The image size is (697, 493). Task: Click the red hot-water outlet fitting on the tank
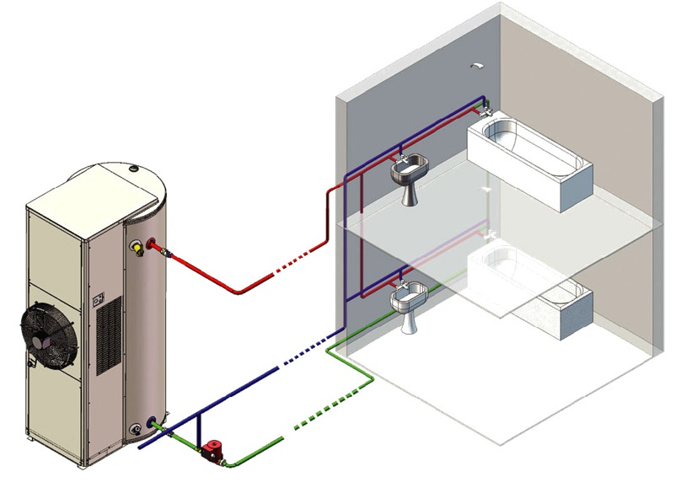click(x=153, y=245)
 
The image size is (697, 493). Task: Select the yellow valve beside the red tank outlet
click(x=136, y=249)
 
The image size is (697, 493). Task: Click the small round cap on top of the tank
click(x=134, y=169)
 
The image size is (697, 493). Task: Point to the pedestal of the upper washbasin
click(x=410, y=196)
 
